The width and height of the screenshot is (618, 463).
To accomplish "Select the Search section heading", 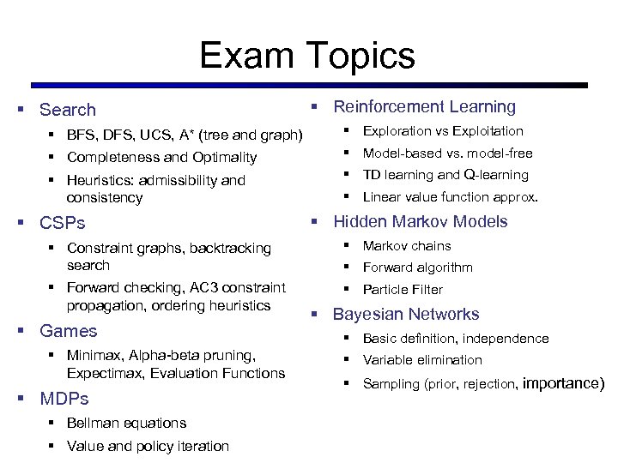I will (x=68, y=110).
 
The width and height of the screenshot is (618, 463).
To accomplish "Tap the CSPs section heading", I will (x=63, y=223).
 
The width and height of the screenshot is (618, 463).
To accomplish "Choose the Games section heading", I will (x=69, y=331).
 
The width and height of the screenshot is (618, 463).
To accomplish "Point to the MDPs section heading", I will (x=64, y=399).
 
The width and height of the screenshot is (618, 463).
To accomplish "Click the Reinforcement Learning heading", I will (x=424, y=107).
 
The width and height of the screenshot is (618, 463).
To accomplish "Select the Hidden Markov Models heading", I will (x=420, y=221).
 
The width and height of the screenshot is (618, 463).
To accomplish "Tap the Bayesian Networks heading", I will (x=406, y=314).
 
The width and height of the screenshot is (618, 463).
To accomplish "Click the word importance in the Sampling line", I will (x=563, y=383).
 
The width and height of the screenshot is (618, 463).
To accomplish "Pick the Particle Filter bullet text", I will (x=403, y=290).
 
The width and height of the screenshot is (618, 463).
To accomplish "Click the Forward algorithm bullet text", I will (x=417, y=268).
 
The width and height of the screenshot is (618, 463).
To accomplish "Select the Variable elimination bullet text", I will (x=422, y=360).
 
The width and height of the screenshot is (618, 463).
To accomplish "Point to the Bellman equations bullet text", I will (x=126, y=423).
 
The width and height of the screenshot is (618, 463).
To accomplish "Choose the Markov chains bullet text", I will (x=407, y=246).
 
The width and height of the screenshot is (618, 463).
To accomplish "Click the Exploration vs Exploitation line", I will (x=443, y=131).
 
